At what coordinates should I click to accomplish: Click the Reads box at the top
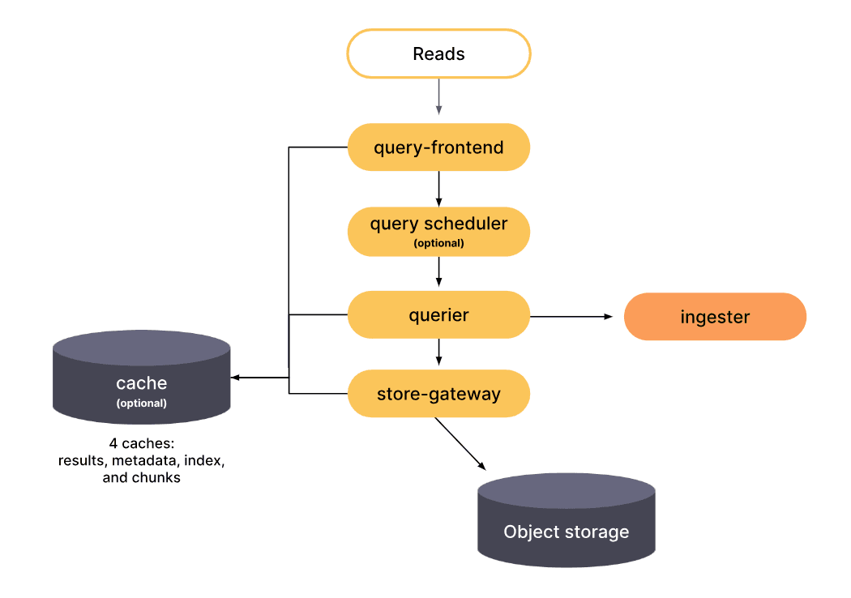pyautogui.click(x=438, y=54)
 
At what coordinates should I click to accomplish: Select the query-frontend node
pyautogui.click(x=438, y=147)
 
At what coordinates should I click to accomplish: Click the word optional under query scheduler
pyautogui.click(x=438, y=243)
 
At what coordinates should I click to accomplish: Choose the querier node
pyautogui.click(x=438, y=314)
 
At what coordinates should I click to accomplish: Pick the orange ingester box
pyautogui.click(x=715, y=317)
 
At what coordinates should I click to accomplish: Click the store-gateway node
pyautogui.click(x=438, y=395)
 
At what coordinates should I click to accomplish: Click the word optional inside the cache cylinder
pyautogui.click(x=142, y=403)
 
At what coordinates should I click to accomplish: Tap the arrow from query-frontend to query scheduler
pyautogui.click(x=438, y=188)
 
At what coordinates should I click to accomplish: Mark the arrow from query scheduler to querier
pyautogui.click(x=438, y=271)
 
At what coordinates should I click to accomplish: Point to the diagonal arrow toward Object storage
pyautogui.click(x=460, y=444)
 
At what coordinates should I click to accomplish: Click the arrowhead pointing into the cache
pyautogui.click(x=236, y=378)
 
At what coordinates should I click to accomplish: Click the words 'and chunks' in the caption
pyautogui.click(x=141, y=478)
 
